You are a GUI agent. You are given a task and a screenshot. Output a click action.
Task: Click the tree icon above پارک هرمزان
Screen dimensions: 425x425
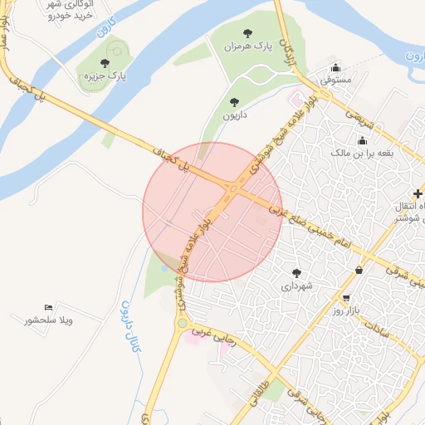pyautogui.click(x=247, y=32)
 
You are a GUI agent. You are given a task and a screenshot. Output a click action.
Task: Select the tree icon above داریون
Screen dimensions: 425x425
pyautogui.click(x=234, y=102)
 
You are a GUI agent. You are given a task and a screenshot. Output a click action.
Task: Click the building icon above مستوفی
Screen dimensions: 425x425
pyautogui.click(x=335, y=68)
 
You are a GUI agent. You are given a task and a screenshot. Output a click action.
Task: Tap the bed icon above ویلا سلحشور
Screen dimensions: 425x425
pyautogui.click(x=48, y=307)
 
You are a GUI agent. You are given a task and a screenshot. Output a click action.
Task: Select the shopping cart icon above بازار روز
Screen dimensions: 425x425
pyautogui.click(x=345, y=297)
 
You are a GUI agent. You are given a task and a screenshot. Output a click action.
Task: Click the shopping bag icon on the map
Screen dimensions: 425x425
pyautogui.click(x=359, y=270)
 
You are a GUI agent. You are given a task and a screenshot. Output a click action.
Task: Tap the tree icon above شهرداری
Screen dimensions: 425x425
pyautogui.click(x=296, y=272)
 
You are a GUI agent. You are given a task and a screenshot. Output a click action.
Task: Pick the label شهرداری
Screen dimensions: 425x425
pyautogui.click(x=296, y=286)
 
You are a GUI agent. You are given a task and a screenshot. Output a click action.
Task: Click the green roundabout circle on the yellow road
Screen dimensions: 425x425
pyautogui.click(x=182, y=323)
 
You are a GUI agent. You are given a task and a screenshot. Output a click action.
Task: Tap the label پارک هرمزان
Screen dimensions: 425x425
pyautogui.click(x=247, y=46)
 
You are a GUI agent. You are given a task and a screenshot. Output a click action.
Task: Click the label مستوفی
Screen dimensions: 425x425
pyautogui.click(x=336, y=81)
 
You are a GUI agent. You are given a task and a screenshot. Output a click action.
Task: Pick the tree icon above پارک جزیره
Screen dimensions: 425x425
pyautogui.click(x=105, y=63)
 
